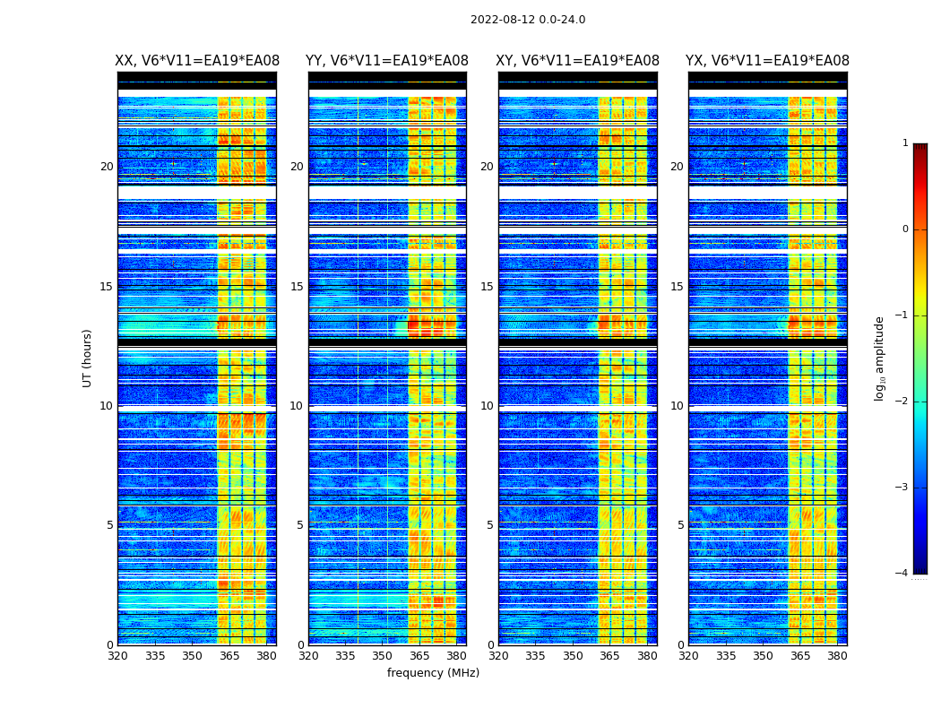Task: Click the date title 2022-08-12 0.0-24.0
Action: point(528,20)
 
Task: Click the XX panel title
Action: point(197,61)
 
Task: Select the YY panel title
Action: point(387,61)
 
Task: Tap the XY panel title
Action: point(578,61)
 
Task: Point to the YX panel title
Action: point(767,61)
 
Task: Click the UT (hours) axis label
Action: point(88,358)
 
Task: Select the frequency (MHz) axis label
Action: point(433,673)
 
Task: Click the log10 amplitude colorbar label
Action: point(880,358)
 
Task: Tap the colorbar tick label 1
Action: point(905,143)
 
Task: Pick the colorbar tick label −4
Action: point(902,574)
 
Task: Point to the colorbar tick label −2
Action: point(902,402)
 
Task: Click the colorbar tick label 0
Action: point(905,229)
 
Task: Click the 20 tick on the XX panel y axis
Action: point(107,167)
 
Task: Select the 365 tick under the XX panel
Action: point(229,656)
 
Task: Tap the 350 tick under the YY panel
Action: point(383,656)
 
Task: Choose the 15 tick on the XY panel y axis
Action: point(487,287)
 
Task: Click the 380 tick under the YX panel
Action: point(837,656)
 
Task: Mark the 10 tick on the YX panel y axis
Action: point(677,406)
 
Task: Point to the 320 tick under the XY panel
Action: point(498,656)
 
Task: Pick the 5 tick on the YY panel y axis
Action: point(300,525)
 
